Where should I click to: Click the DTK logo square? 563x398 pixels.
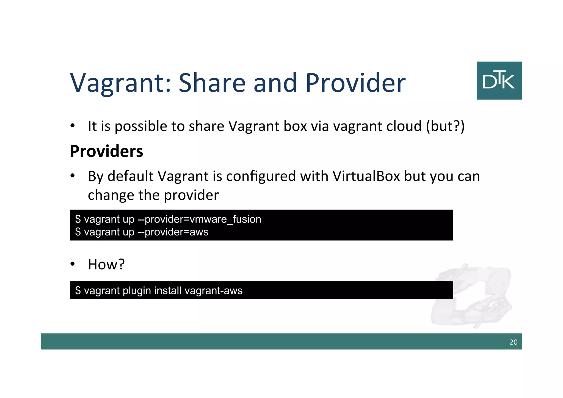click(x=499, y=80)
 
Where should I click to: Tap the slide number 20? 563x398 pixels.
click(x=513, y=342)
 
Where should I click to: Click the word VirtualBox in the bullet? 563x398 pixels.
click(x=366, y=176)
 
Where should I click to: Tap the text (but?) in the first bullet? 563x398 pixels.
click(x=445, y=126)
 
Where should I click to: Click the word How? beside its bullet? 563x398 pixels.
click(x=106, y=264)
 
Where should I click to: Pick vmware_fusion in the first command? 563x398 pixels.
click(x=225, y=219)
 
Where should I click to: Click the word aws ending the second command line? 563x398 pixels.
click(x=199, y=232)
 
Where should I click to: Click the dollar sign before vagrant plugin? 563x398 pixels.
click(x=78, y=290)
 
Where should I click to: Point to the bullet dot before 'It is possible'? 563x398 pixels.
click(x=73, y=126)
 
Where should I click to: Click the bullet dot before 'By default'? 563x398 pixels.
click(x=73, y=176)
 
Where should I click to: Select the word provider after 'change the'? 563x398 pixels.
click(x=191, y=195)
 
